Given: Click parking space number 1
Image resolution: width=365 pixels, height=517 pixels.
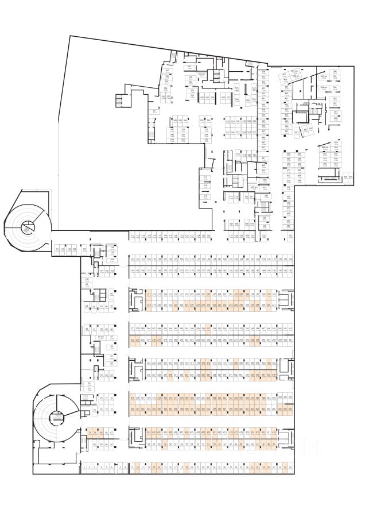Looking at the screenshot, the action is pos(84,468).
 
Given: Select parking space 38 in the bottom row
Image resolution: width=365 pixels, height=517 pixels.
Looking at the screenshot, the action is pos(291,468).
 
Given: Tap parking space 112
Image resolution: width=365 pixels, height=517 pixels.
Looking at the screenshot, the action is pos(133,236).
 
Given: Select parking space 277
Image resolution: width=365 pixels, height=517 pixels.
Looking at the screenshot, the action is pos(133,329).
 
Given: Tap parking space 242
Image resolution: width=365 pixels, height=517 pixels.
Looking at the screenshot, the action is pos(290,329).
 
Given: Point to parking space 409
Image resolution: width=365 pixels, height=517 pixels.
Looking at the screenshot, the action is pos(290,409).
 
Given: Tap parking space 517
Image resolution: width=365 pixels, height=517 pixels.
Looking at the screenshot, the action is pos(205,178).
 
